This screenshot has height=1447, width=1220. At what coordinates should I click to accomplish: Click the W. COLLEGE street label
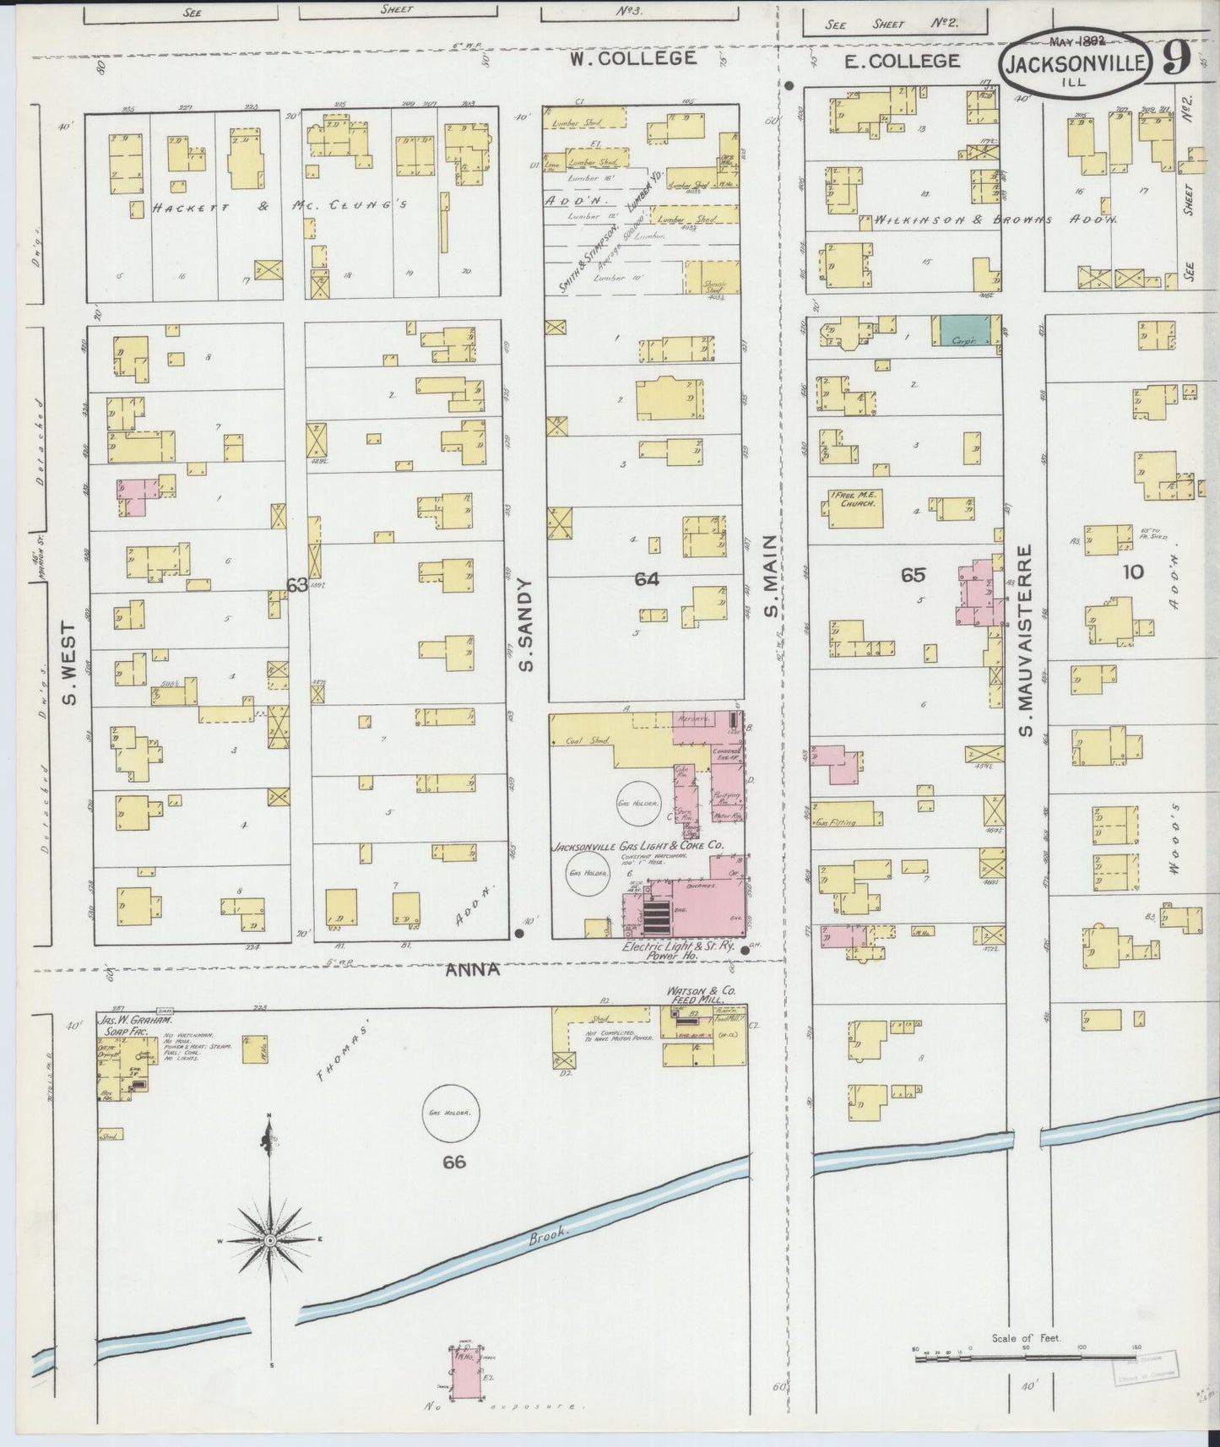point(632,58)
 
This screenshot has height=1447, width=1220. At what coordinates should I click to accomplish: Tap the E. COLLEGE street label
point(903,60)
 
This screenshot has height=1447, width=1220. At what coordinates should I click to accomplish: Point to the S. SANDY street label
point(525,626)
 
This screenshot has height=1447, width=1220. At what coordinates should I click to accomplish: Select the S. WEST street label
point(70,663)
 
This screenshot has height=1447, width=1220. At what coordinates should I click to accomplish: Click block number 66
point(454,1162)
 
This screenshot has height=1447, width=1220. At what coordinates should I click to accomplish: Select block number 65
point(913,575)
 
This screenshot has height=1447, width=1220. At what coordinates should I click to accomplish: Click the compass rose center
point(268,1239)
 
